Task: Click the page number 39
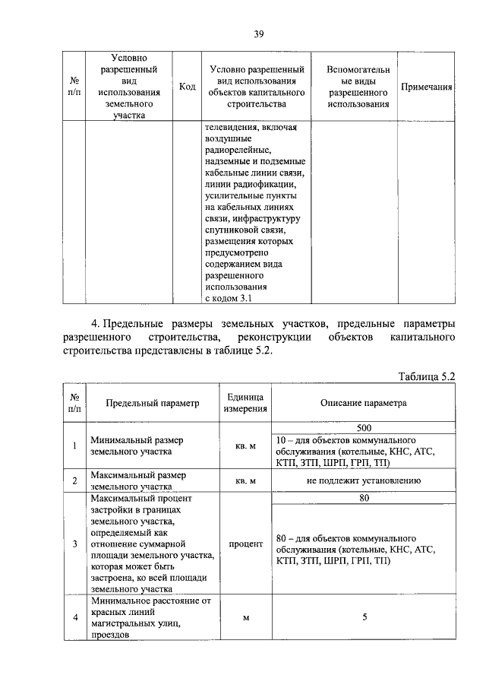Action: point(258,33)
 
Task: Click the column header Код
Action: point(187,87)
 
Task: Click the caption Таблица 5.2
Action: point(426,376)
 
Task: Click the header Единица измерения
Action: point(245,403)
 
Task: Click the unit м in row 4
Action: point(245,617)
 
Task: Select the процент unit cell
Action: point(245,544)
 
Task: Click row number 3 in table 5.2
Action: point(74,544)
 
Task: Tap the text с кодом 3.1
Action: point(229,297)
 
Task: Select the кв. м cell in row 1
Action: point(245,445)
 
